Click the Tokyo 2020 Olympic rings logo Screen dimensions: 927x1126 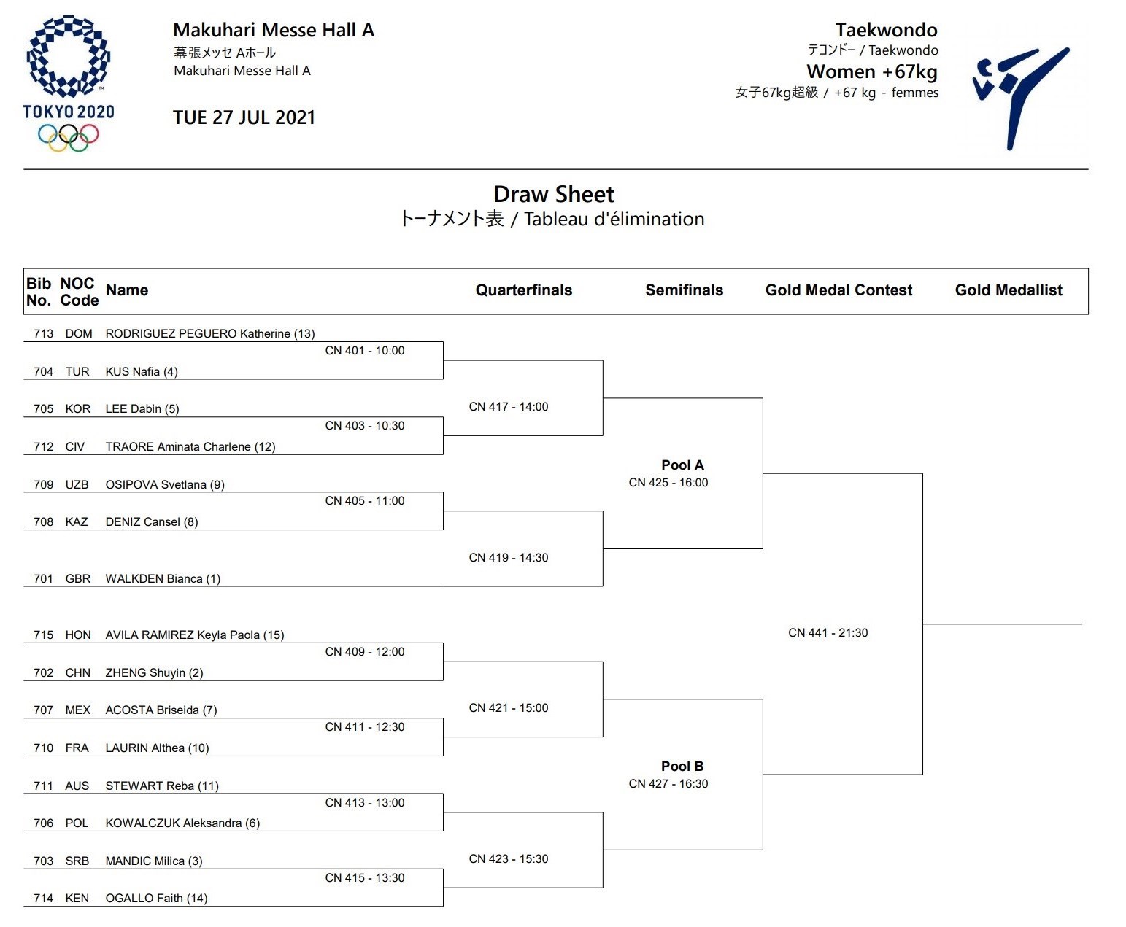69,83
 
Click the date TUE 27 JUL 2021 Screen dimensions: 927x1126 244,117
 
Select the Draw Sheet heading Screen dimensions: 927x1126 554,195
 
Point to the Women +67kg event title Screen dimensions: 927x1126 871,71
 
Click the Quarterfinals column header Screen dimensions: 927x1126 523,290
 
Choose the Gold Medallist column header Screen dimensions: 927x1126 1009,290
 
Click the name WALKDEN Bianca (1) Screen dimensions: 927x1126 163,579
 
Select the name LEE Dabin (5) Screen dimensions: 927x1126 142,409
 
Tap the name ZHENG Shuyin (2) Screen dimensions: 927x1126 154,673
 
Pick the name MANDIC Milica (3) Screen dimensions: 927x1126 154,861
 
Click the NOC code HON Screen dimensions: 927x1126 78,635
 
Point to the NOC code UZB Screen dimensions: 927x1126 77,485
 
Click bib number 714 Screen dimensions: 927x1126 44,899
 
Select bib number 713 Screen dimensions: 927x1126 44,334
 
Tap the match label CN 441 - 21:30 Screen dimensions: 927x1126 828,633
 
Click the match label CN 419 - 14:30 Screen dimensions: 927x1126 509,558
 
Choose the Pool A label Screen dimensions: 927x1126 682,465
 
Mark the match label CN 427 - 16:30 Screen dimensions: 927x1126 668,784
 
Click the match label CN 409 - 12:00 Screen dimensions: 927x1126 365,652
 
